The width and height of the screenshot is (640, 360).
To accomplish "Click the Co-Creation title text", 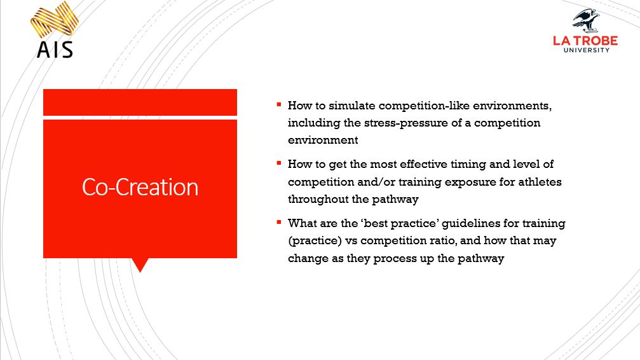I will point(140,187).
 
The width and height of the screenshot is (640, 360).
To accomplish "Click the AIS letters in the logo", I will point(55,49).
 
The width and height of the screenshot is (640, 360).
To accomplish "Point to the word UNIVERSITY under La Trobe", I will point(585,50).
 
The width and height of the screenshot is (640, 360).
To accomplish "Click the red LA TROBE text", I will point(585,41).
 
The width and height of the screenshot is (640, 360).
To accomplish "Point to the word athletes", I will point(540,182).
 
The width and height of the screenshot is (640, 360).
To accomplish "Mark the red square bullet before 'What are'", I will point(279,223).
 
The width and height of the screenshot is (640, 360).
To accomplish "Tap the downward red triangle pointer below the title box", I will point(139,265).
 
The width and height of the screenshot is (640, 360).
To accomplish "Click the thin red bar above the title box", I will point(140,102).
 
